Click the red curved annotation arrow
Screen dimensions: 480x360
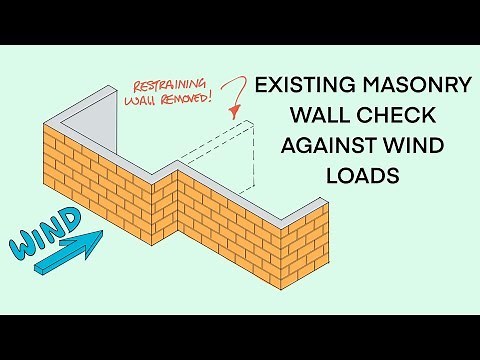point(237,96)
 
